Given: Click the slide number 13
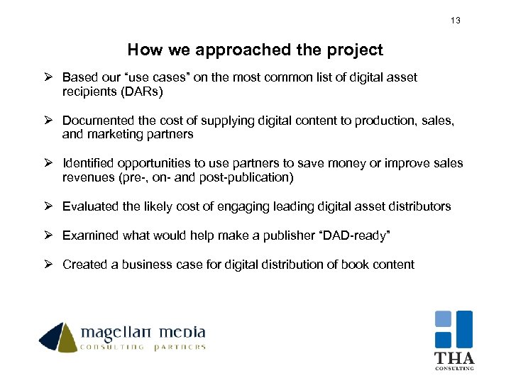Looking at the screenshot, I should [x=456, y=21].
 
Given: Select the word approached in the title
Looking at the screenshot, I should [x=238, y=50].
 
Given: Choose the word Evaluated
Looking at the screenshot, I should [x=89, y=206].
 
